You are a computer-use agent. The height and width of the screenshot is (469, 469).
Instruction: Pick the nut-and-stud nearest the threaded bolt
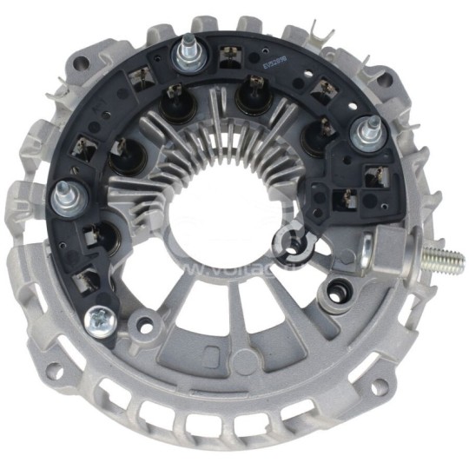pos(363,134)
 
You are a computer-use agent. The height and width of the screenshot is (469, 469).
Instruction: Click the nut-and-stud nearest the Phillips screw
pos(64,198)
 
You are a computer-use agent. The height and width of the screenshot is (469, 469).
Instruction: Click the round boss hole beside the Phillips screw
pos(145,327)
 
